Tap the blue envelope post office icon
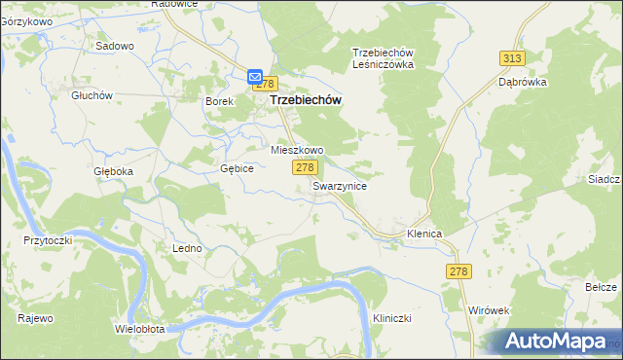[x=254, y=77]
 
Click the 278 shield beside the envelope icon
[x=269, y=85]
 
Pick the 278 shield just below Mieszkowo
[x=304, y=168]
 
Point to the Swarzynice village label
[x=340, y=186]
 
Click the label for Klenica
[x=425, y=234]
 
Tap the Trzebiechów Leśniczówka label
[x=384, y=58]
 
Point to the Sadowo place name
[x=114, y=46]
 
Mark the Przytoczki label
[x=49, y=239]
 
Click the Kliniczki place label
[x=394, y=319]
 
